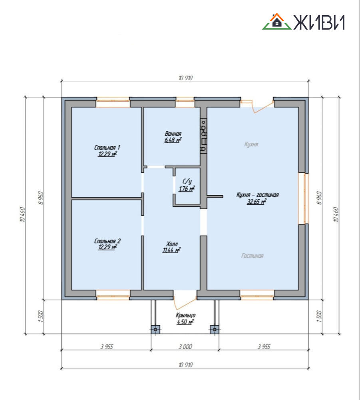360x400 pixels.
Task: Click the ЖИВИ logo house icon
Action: click(x=276, y=22)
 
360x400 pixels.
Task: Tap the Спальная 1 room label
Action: click(x=107, y=148)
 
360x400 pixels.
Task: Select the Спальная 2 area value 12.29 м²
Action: click(x=107, y=247)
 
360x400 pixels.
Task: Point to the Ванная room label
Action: click(x=173, y=134)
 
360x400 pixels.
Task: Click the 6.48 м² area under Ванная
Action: click(x=173, y=140)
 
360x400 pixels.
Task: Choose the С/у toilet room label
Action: click(x=187, y=181)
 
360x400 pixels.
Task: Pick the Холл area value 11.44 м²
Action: click(x=172, y=250)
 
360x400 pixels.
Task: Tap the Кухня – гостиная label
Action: click(x=257, y=195)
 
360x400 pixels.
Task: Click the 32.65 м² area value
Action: click(x=257, y=202)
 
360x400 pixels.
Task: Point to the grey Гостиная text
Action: click(x=252, y=256)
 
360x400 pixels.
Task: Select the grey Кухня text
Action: click(x=251, y=144)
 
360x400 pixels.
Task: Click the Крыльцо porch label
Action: click(x=185, y=316)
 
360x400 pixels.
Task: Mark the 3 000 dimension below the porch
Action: click(x=185, y=347)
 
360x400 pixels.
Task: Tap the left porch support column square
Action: click(x=155, y=329)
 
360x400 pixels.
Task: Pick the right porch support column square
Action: click(x=215, y=329)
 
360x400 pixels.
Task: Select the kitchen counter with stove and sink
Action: click(x=203, y=136)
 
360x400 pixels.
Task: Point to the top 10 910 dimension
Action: click(x=185, y=78)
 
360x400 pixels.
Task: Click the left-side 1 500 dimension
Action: click(x=41, y=316)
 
